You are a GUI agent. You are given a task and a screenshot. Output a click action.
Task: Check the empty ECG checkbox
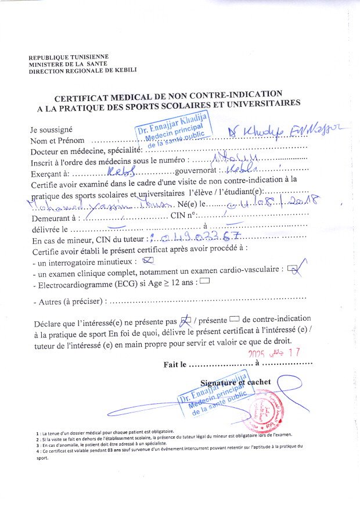point(204,282)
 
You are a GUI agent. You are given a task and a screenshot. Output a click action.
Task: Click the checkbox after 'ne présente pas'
point(186,320)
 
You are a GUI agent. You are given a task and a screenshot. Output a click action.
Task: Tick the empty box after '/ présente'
point(235,319)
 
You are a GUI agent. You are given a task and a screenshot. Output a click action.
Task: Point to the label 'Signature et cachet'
point(235,382)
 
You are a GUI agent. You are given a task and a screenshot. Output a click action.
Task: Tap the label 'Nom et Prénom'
point(57,141)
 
